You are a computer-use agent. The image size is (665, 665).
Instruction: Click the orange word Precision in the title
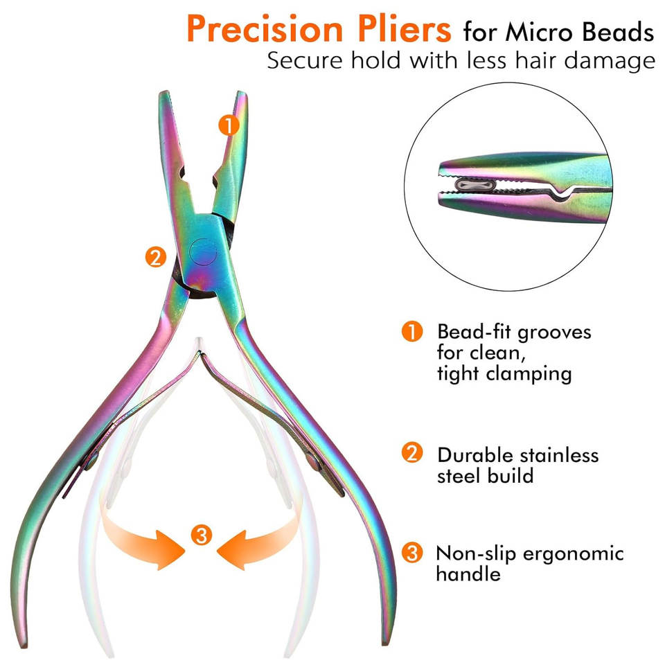click(265, 28)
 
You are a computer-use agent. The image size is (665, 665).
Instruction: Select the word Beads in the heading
click(618, 33)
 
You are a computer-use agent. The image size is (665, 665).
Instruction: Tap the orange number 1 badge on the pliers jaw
click(229, 125)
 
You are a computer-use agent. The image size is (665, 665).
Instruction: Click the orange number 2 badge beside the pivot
click(156, 256)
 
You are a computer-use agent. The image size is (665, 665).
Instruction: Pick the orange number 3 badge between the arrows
click(201, 535)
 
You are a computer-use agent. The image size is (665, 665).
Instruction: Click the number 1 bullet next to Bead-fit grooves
click(412, 331)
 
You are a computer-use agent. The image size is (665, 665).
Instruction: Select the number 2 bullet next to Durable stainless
click(412, 452)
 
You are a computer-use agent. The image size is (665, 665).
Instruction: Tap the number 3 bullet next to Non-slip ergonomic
click(412, 553)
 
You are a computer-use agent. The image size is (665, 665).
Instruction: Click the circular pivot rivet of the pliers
click(203, 252)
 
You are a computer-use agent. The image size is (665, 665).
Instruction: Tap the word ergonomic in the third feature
click(573, 555)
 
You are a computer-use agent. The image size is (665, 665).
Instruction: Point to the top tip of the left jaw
click(164, 92)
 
